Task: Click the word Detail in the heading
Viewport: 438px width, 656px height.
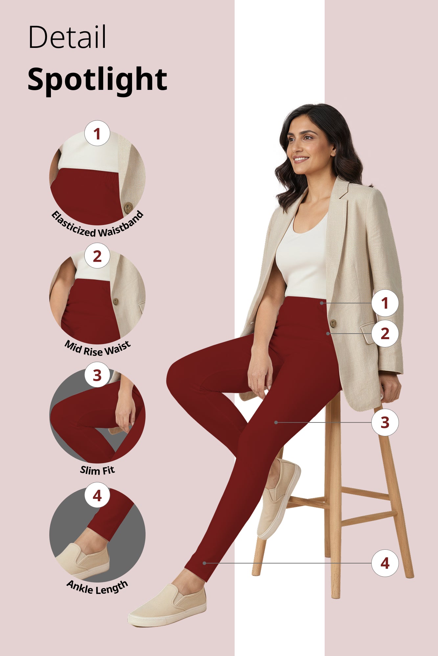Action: pyautogui.click(x=67, y=37)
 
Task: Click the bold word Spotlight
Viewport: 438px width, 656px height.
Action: pyautogui.click(x=97, y=79)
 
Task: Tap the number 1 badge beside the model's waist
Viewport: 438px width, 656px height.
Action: pyautogui.click(x=385, y=303)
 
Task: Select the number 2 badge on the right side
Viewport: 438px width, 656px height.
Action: pyautogui.click(x=385, y=334)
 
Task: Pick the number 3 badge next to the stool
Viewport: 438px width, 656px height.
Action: pyautogui.click(x=385, y=422)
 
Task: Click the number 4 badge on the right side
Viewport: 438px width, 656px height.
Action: pyautogui.click(x=385, y=563)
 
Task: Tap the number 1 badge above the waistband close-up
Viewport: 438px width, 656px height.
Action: pyautogui.click(x=97, y=133)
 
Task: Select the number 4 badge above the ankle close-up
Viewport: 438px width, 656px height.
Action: pyautogui.click(x=97, y=496)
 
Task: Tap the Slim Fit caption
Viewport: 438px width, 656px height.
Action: pyautogui.click(x=97, y=470)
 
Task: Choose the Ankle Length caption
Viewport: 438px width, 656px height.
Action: pyautogui.click(x=97, y=588)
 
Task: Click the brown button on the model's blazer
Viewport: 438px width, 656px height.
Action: pyautogui.click(x=333, y=323)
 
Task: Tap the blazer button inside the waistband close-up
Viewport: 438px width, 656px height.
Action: pyautogui.click(x=128, y=207)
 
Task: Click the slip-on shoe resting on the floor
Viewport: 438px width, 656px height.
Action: pyautogui.click(x=168, y=607)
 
